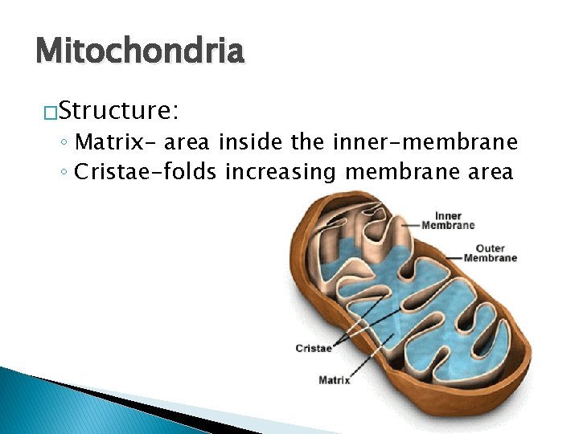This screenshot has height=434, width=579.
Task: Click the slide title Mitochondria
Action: click(139, 51)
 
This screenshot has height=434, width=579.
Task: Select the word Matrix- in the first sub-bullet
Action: click(117, 143)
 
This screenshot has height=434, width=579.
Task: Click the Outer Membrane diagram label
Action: click(490, 253)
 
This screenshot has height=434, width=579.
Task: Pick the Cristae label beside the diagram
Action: click(314, 348)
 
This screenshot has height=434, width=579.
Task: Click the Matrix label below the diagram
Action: click(335, 379)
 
